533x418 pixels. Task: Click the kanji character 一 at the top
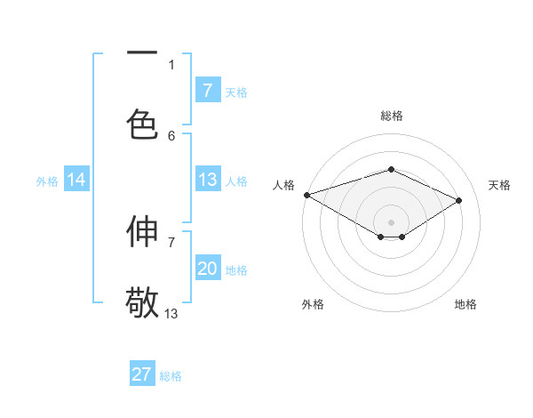coord(142,52)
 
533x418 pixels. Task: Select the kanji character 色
coord(142,124)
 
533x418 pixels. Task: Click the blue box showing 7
coord(207,90)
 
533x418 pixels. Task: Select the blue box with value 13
coord(207,180)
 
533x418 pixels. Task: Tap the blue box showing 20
coord(207,269)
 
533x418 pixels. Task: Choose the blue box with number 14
coord(76,180)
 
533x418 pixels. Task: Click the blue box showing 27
coord(142,374)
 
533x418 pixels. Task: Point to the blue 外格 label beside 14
coord(47,181)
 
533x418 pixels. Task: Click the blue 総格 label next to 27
coord(171,376)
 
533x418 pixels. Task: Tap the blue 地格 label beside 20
coord(236,270)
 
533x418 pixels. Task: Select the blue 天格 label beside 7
coord(236,92)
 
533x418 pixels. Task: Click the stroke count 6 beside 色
coord(171,135)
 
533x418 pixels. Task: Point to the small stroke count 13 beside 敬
coord(171,313)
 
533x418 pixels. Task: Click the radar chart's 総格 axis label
coord(392,116)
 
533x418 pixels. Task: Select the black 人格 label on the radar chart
coord(284,185)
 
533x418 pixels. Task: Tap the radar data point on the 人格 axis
coord(306,195)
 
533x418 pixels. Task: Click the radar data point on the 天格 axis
coord(459,200)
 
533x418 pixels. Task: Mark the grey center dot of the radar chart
coord(392,221)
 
